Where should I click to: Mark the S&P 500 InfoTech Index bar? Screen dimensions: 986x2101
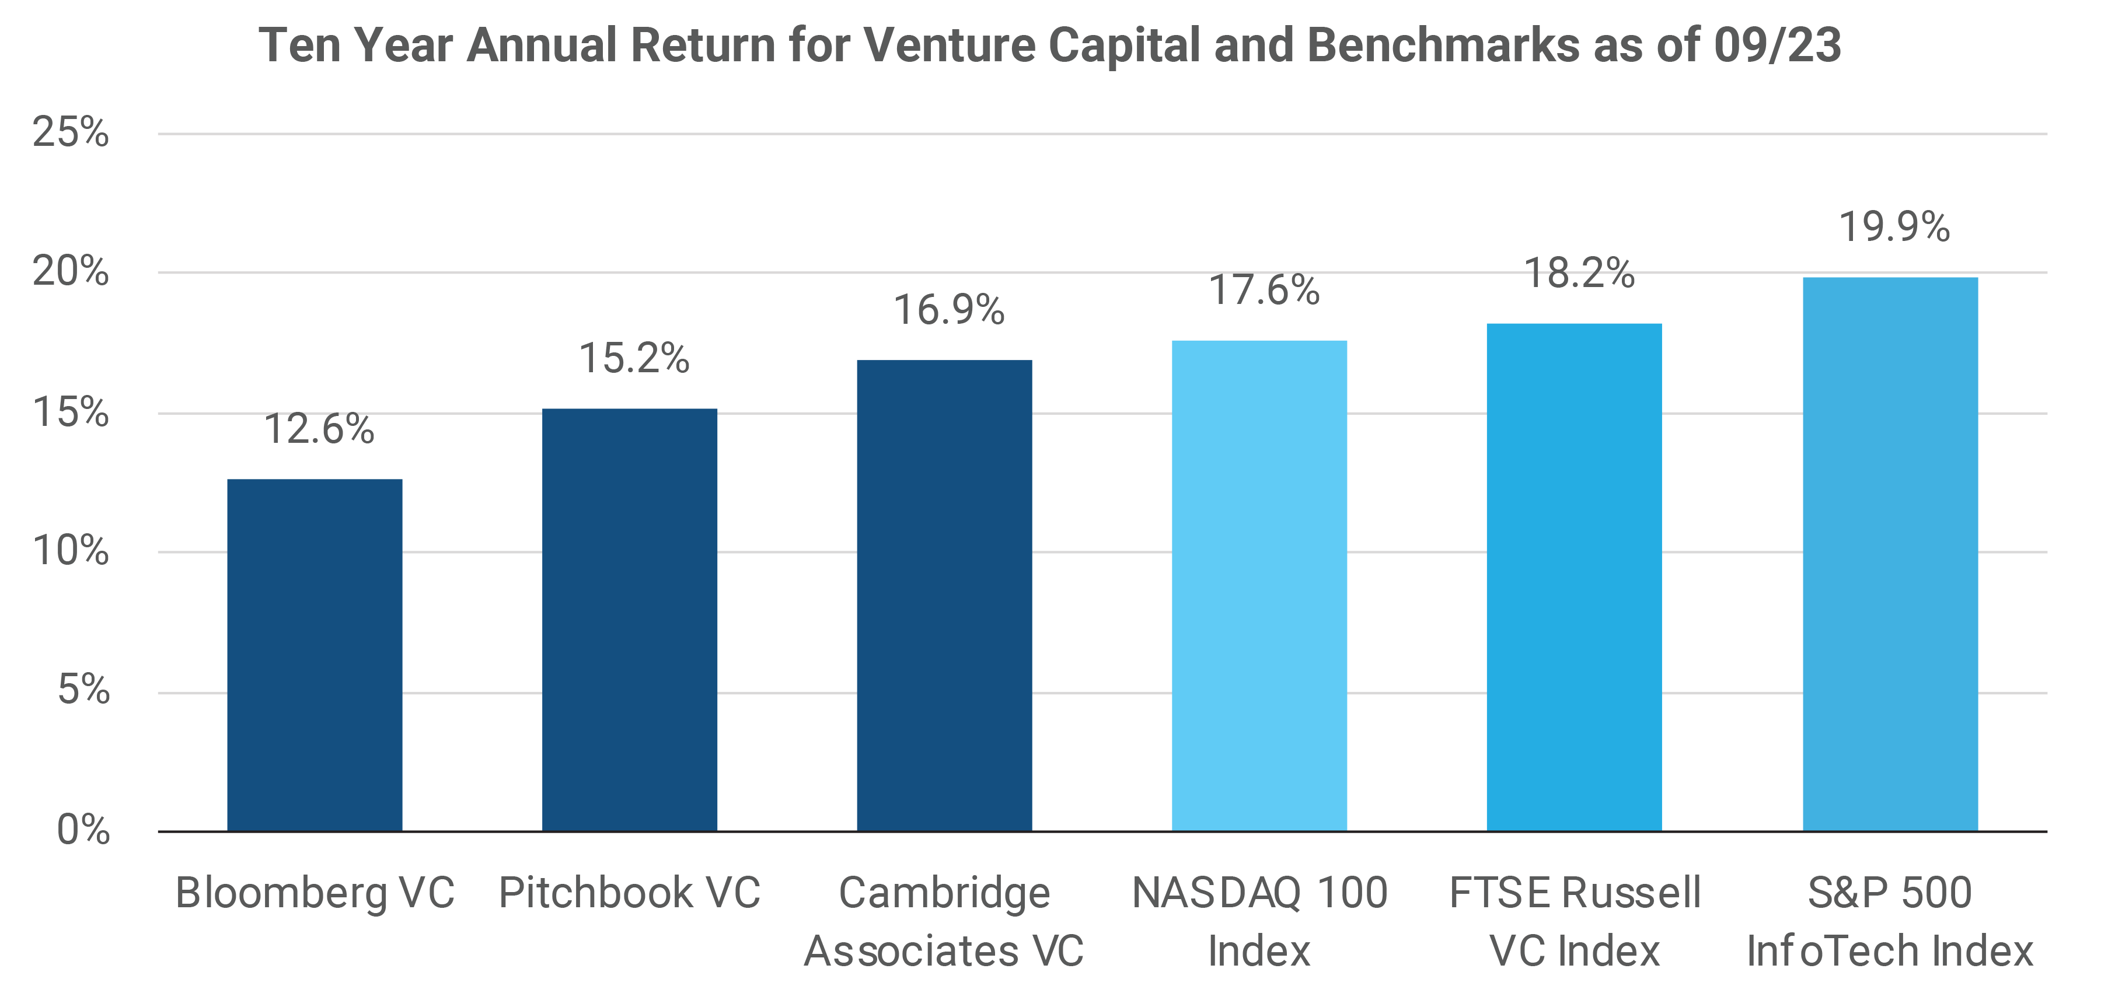pyautogui.click(x=1889, y=555)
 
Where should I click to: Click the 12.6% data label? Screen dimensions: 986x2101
pyautogui.click(x=319, y=429)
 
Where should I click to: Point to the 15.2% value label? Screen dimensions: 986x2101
pyautogui.click(x=634, y=358)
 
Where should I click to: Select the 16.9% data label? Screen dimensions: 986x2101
pyautogui.click(x=948, y=310)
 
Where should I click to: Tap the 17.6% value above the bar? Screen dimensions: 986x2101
pyautogui.click(x=1264, y=291)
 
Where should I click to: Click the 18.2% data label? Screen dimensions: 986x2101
pyautogui.click(x=1579, y=273)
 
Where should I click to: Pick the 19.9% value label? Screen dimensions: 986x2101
pyautogui.click(x=1894, y=227)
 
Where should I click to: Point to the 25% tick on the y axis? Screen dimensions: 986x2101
pyautogui.click(x=70, y=132)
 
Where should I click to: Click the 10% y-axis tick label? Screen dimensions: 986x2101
pyautogui.click(x=70, y=551)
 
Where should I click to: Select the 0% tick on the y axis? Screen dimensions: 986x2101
pyautogui.click(x=82, y=830)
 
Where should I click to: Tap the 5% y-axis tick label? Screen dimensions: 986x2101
pyautogui.click(x=82, y=691)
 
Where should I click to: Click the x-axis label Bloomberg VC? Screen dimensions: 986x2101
pyautogui.click(x=315, y=893)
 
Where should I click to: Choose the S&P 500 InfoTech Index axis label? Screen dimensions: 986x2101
pyautogui.click(x=1889, y=922)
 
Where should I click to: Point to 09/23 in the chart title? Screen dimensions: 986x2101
pyautogui.click(x=1777, y=45)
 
